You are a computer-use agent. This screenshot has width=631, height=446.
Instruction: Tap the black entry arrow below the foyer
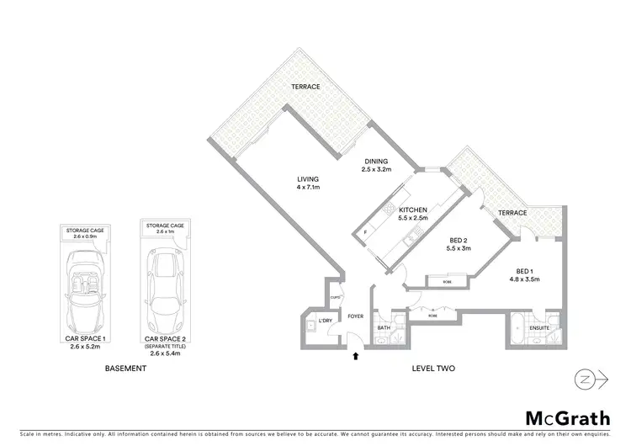[356, 357]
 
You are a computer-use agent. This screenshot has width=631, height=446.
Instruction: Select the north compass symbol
[590, 380]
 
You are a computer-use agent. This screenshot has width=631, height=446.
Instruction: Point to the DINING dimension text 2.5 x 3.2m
[377, 171]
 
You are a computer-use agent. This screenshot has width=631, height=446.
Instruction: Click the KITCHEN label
[414, 210]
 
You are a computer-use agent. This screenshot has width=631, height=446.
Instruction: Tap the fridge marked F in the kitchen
[367, 231]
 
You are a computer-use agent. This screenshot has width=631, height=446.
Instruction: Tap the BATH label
[384, 327]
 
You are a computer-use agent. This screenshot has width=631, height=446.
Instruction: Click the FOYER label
[355, 317]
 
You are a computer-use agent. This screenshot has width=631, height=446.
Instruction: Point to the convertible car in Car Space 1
[85, 287]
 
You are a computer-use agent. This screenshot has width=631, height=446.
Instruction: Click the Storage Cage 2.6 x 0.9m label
[85, 232]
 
